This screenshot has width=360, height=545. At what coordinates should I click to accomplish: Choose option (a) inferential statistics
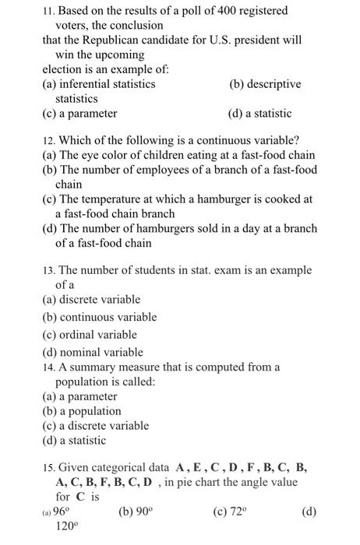98,84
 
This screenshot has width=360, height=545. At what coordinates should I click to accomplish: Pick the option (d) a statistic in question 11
259,114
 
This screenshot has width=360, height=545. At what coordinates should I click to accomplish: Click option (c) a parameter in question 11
79,114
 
